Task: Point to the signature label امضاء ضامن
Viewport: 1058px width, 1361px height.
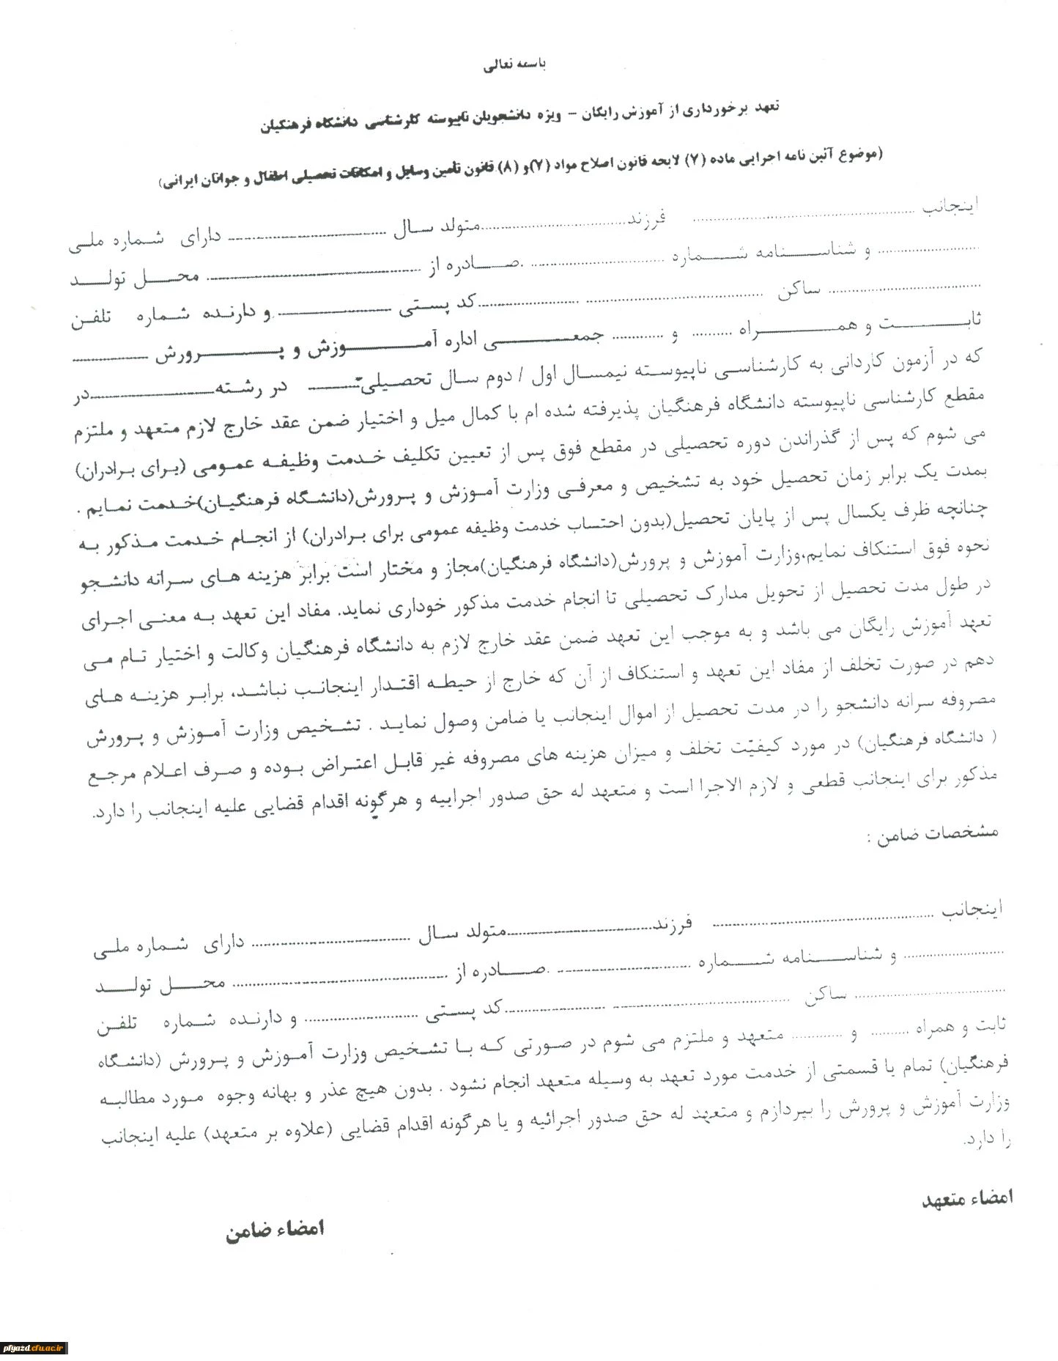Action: pos(275,1229)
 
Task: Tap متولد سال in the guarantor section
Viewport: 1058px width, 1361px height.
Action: pos(462,935)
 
